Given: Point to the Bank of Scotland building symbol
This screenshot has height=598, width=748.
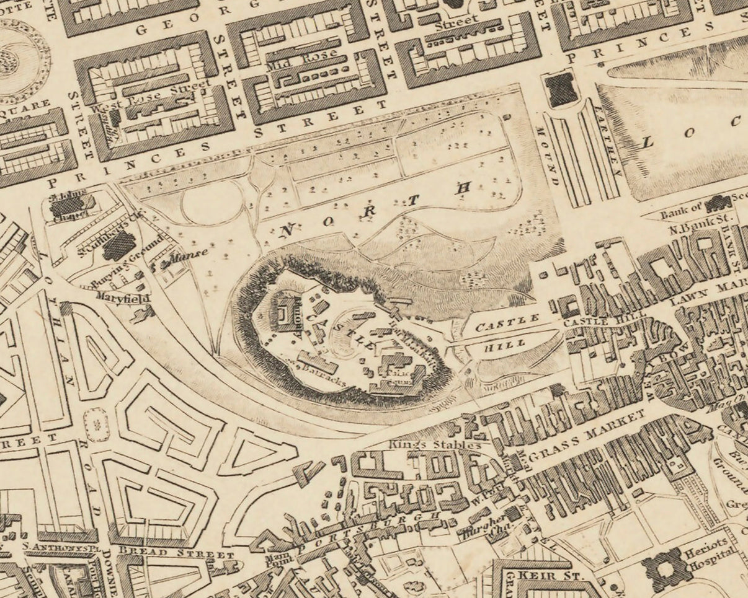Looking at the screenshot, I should click(719, 203).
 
